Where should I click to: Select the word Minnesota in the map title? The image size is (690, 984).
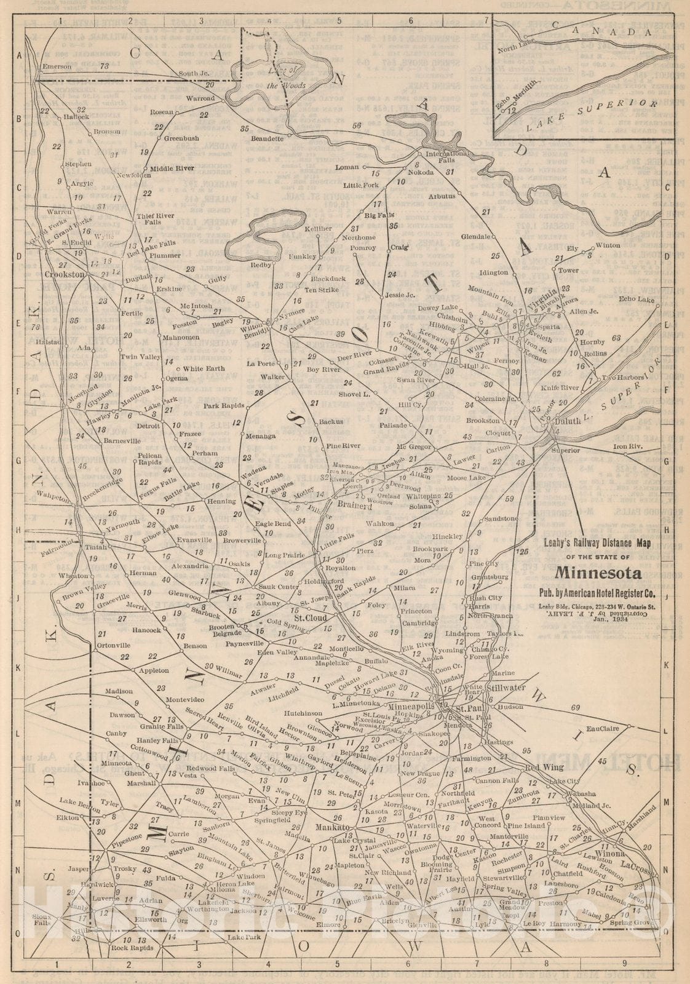pos(598,573)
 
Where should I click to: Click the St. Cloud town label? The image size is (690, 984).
pos(310,617)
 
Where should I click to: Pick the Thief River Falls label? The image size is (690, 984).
pos(148,218)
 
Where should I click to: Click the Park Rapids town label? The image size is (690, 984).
pos(224,406)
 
